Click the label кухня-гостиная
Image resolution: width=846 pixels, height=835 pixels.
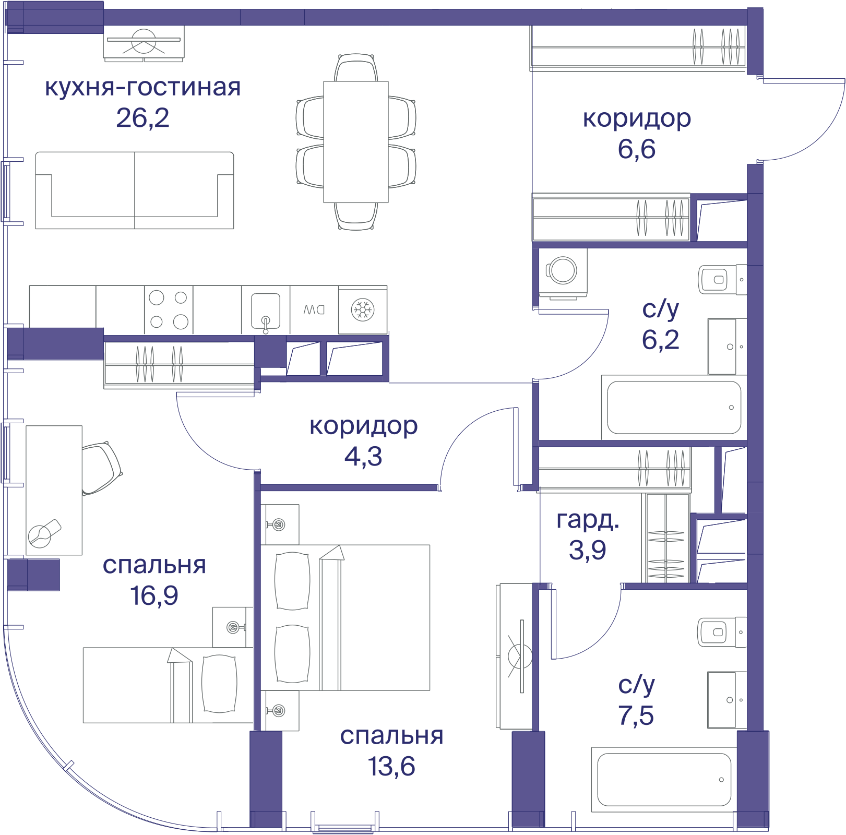point(142,87)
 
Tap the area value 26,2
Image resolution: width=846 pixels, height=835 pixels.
point(142,118)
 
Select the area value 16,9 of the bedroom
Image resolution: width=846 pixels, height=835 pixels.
point(154,595)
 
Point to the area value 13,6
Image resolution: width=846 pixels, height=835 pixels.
point(391,767)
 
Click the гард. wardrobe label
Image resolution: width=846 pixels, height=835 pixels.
point(588,520)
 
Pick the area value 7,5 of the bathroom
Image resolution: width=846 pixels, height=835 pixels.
point(636,715)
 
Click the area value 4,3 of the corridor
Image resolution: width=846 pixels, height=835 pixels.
point(363,457)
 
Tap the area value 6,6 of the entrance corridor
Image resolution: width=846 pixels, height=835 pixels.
point(637,149)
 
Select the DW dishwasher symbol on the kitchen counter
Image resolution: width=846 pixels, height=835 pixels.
point(314,310)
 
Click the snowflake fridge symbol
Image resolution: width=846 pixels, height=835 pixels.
point(363,309)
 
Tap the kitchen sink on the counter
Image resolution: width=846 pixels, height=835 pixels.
point(266,311)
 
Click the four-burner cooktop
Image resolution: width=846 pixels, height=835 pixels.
point(169,310)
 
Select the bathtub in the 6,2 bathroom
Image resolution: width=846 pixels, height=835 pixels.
point(674,408)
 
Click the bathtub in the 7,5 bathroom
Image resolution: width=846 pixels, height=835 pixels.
point(664,780)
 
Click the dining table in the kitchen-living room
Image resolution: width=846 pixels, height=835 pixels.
point(356,142)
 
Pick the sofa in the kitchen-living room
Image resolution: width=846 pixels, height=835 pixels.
point(135,190)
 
